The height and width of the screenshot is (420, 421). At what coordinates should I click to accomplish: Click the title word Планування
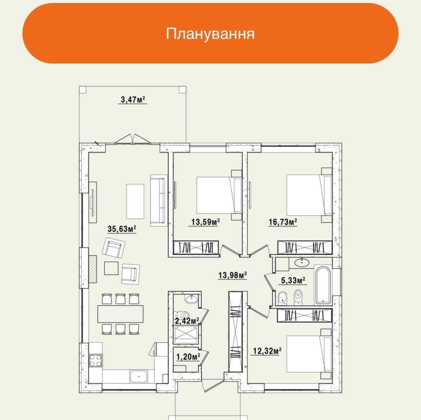pyautogui.click(x=210, y=34)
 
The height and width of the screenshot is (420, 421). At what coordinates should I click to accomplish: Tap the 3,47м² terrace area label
pyautogui.click(x=133, y=100)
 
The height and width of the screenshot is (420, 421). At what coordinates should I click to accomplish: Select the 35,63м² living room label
pyautogui.click(x=122, y=229)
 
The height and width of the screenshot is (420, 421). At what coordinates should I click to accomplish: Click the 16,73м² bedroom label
pyautogui.click(x=283, y=222)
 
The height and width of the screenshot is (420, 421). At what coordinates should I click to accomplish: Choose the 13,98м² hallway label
pyautogui.click(x=232, y=275)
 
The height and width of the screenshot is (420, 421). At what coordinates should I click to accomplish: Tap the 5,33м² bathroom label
pyautogui.click(x=293, y=281)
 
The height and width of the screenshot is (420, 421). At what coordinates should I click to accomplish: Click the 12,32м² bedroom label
pyautogui.click(x=267, y=351)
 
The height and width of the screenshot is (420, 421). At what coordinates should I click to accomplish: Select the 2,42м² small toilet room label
pyautogui.click(x=187, y=321)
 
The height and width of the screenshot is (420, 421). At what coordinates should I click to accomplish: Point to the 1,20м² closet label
pyautogui.click(x=188, y=357)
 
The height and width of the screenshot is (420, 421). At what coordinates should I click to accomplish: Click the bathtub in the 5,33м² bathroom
pyautogui.click(x=323, y=285)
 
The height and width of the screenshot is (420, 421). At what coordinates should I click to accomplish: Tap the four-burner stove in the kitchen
pyautogui.click(x=96, y=360)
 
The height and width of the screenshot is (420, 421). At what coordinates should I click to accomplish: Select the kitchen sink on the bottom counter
pyautogui.click(x=139, y=377)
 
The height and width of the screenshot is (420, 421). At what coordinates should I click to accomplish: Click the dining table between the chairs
pyautogui.click(x=120, y=314)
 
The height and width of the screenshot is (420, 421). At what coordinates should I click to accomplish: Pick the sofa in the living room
pyautogui.click(x=158, y=200)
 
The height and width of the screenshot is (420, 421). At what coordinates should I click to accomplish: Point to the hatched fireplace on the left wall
pyautogui.click(x=93, y=269)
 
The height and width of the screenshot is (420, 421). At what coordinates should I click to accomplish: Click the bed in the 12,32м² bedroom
pyautogui.click(x=309, y=354)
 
